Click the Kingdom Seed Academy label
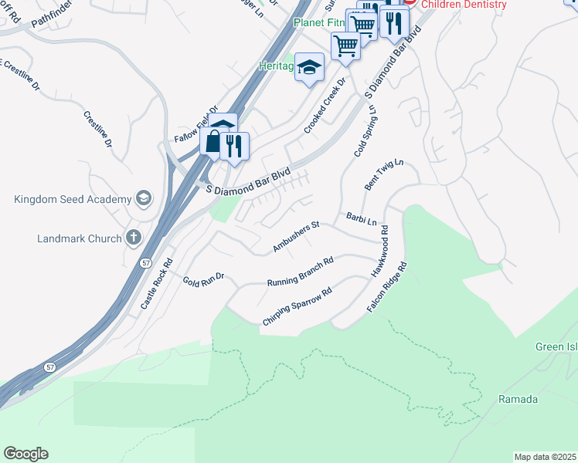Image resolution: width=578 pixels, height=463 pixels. tap(73, 200)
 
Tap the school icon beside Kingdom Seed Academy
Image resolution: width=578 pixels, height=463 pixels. tap(143, 199)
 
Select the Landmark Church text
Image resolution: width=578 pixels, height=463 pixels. tap(80, 238)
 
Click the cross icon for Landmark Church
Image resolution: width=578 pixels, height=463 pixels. tap(133, 238)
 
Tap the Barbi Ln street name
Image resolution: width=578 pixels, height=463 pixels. tap(361, 220)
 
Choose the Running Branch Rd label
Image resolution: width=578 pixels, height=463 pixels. tap(300, 272)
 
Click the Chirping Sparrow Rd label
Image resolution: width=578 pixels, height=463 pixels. tap(297, 306)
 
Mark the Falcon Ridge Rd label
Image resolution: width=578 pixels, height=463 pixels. tap(387, 287)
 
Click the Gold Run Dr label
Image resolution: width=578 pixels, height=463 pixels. tap(203, 278)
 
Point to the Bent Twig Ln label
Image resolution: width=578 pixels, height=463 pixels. tap(384, 176)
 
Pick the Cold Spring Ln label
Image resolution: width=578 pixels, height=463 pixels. tap(365, 131)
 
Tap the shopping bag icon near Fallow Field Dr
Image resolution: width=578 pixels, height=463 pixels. tap(212, 141)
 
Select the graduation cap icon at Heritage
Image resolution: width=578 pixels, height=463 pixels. tap(309, 68)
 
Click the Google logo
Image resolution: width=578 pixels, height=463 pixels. tap(25, 454)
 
